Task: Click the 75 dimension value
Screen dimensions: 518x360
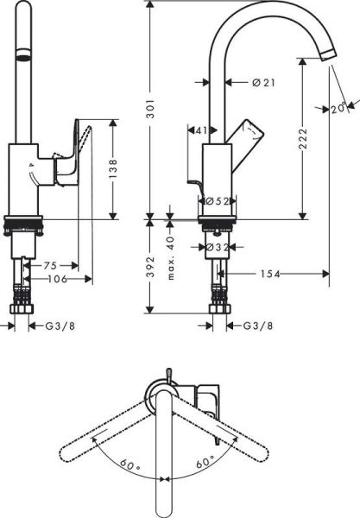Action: tap(50, 266)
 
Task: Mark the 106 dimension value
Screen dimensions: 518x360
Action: tap(55, 278)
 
